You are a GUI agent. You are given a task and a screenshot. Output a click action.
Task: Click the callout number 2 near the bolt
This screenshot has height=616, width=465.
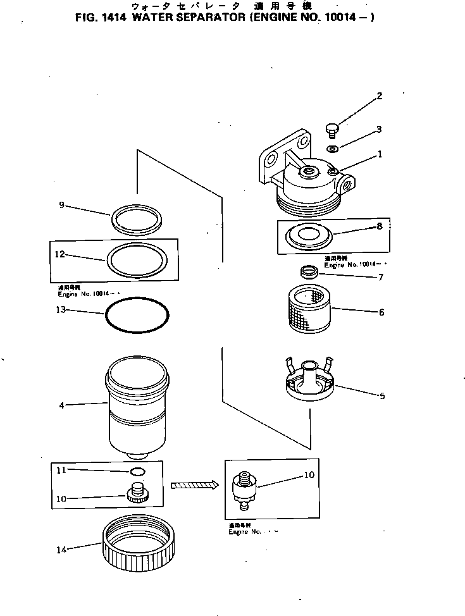point(380,96)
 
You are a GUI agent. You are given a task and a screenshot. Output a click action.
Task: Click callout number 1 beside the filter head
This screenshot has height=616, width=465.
point(380,154)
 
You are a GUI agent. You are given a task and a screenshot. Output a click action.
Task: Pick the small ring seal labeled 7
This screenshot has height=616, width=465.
point(308,272)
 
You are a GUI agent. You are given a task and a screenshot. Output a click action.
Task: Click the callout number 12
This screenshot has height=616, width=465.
point(61,255)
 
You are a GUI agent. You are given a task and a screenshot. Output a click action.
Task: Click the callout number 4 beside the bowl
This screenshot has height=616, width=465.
point(61,405)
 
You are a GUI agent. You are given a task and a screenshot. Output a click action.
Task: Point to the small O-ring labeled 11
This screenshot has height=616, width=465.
point(135,471)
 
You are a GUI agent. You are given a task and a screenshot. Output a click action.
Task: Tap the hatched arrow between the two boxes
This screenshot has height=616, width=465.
point(194,485)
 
